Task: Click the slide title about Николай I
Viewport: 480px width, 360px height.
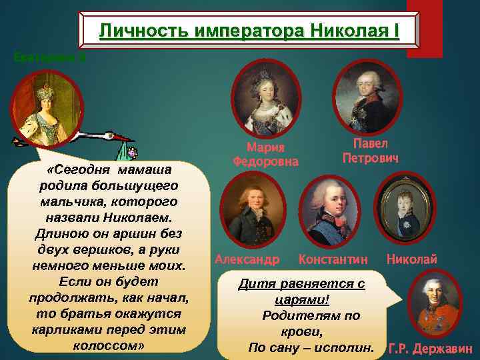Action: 249,30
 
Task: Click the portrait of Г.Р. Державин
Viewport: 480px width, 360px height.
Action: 431,304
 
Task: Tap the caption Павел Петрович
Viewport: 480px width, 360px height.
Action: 371,151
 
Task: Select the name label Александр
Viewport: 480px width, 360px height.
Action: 247,258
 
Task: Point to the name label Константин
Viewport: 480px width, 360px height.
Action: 333,258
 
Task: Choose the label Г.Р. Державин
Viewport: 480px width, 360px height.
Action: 430,348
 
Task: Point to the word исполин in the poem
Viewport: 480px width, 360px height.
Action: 347,347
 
